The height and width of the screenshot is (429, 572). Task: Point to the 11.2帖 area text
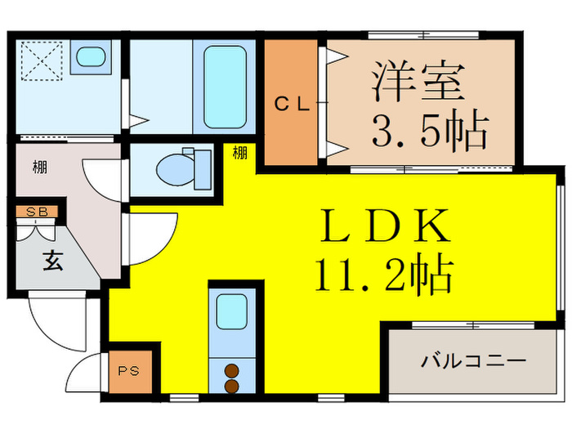coord(382,275)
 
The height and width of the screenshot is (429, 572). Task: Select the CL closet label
coord(291,104)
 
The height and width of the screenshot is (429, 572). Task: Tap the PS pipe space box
coord(129,370)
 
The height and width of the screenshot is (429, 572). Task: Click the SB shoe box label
coord(36,212)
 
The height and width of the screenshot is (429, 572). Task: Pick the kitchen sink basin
coord(231,311)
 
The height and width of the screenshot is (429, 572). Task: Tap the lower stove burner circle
coord(231,384)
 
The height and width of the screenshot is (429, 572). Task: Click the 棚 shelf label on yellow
coord(239,152)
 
